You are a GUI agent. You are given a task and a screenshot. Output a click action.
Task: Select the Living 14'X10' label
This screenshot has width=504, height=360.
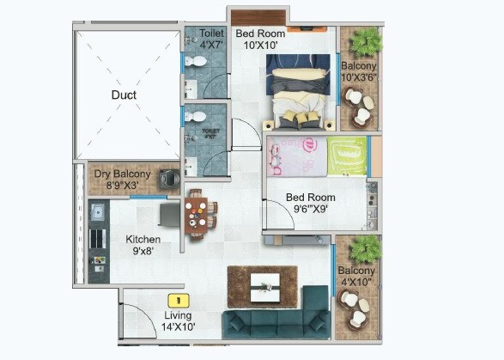179,320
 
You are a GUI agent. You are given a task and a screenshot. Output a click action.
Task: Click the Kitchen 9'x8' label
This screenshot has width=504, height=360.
144,245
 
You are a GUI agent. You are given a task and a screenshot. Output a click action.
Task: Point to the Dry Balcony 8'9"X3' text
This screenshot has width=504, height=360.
122,179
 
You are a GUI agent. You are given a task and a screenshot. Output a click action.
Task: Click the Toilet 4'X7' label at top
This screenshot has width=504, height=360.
211,39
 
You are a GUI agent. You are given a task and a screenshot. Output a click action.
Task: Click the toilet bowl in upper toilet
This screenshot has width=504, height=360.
197,64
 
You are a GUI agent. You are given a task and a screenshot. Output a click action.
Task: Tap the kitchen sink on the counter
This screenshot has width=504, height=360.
97,211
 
